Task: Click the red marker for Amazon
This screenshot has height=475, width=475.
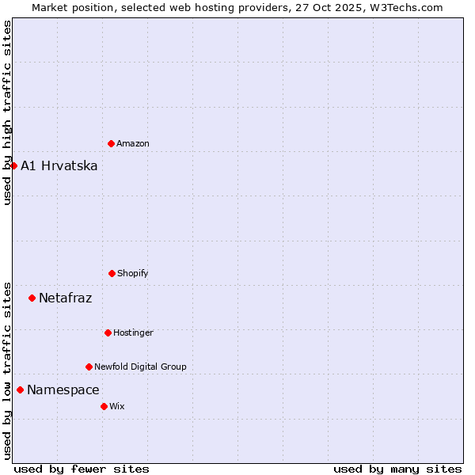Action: tap(111, 143)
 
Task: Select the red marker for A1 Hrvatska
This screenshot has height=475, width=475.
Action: tap(13, 165)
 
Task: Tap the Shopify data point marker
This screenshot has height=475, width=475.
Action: tap(112, 273)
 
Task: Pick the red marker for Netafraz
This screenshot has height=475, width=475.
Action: tap(32, 298)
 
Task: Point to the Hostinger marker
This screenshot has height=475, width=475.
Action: tap(108, 332)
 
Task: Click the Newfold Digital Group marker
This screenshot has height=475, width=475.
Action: tap(89, 367)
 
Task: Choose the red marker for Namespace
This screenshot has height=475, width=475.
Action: tap(20, 389)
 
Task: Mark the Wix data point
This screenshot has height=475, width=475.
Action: tap(104, 406)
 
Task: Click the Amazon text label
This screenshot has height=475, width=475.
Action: tap(133, 143)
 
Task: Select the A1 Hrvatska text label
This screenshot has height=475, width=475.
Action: tap(59, 165)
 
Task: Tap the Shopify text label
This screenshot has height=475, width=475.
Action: tap(133, 273)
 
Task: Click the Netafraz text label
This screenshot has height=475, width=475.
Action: tap(66, 298)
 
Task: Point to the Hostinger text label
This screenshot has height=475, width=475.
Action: tap(133, 332)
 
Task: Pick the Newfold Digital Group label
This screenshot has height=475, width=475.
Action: tap(140, 367)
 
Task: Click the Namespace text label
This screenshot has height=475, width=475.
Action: tap(63, 389)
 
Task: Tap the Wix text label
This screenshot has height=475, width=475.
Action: tap(117, 406)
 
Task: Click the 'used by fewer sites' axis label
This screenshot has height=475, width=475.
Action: tap(82, 469)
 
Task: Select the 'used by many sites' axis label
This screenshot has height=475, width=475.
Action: tap(397, 469)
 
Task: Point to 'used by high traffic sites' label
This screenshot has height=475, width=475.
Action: tap(7, 112)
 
